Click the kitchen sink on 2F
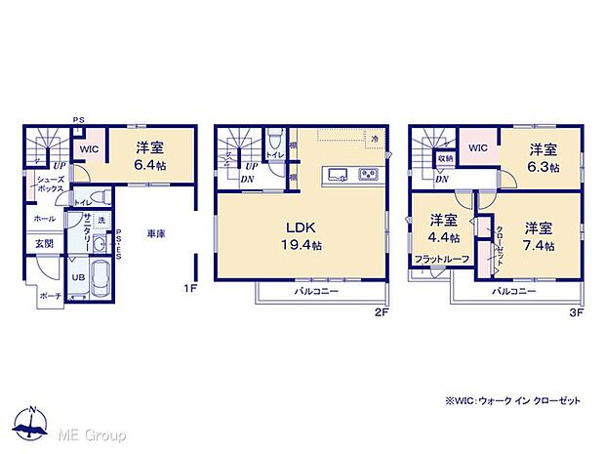click(337, 176)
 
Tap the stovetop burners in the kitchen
click(370, 176)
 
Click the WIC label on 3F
click(478, 147)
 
